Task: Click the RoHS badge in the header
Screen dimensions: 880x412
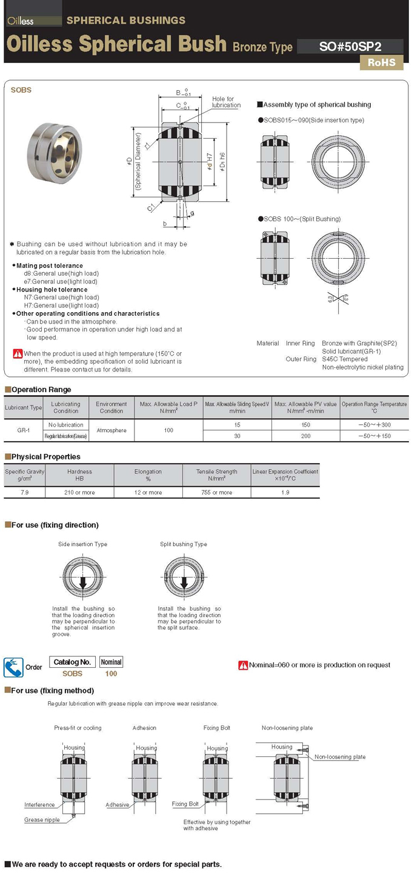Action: pos(381,62)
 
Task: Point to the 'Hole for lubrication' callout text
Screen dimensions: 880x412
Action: pos(226,102)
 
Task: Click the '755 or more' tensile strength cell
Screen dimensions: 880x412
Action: pos(216,492)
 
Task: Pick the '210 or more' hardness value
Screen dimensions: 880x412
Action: pos(79,492)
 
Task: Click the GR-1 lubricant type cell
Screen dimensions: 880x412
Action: pos(24,430)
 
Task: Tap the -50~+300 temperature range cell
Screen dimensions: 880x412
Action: pos(374,425)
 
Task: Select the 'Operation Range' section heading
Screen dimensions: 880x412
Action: pos(41,390)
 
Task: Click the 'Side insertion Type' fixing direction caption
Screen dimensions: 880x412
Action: pos(82,544)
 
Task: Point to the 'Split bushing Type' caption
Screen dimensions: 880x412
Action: pos(183,544)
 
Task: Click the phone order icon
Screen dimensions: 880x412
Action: pos(13,667)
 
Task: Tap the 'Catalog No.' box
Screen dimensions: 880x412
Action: pos(72,662)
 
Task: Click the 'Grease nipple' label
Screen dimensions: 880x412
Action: pos(42,820)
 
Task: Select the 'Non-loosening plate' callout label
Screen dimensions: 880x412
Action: pos(340,757)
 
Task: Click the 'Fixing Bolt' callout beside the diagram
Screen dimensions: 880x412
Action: pos(185,804)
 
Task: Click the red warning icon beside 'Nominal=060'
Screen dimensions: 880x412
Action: pos(243,665)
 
